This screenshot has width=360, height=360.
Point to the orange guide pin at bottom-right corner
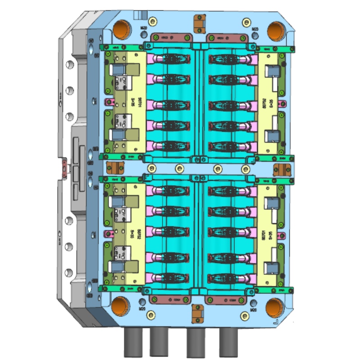coord(274,308)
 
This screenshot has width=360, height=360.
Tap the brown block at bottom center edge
coord(197,313)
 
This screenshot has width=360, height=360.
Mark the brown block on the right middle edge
coord(282,168)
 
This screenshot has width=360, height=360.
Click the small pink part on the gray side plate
coord(64,168)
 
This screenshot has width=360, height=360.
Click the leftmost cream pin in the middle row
coord(179,169)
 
